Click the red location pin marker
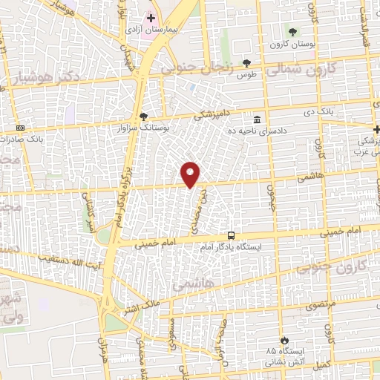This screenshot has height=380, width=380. tap(191, 174)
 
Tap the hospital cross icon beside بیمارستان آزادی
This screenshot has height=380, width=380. tap(151, 17)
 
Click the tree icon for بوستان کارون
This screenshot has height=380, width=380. tap(293, 32)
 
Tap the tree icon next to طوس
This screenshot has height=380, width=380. tap(246, 63)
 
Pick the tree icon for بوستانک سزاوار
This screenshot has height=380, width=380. tap(143, 116)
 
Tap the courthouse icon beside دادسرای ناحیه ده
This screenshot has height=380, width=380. tap(257, 119)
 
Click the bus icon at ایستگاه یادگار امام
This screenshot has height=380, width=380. tap(232, 235)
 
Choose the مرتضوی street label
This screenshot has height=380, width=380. tap(321, 304)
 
